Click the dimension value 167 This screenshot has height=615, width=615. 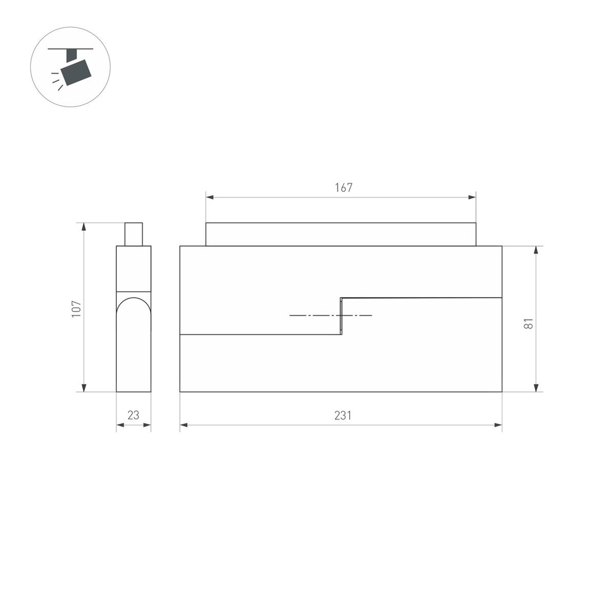click(x=344, y=188)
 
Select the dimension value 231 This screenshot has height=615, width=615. click(x=343, y=415)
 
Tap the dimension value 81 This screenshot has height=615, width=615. click(x=528, y=323)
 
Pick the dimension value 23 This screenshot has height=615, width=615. click(x=133, y=415)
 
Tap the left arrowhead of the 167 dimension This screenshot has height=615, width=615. click(x=209, y=197)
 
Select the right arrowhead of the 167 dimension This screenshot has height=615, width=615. click(x=472, y=197)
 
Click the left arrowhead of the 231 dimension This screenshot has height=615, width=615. click(x=183, y=424)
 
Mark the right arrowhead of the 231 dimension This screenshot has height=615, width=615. click(x=498, y=424)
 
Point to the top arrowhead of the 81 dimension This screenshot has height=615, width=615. click(x=537, y=250)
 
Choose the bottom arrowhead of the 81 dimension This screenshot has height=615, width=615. click(x=537, y=387)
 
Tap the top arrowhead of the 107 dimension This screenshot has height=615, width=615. click(x=84, y=226)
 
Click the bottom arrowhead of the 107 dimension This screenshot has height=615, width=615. click(x=84, y=387)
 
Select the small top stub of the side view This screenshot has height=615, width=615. click(x=133, y=234)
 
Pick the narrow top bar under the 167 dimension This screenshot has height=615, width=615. click(x=341, y=234)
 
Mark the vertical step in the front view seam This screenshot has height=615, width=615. click(x=342, y=316)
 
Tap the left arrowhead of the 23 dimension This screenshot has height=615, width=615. click(x=119, y=424)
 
